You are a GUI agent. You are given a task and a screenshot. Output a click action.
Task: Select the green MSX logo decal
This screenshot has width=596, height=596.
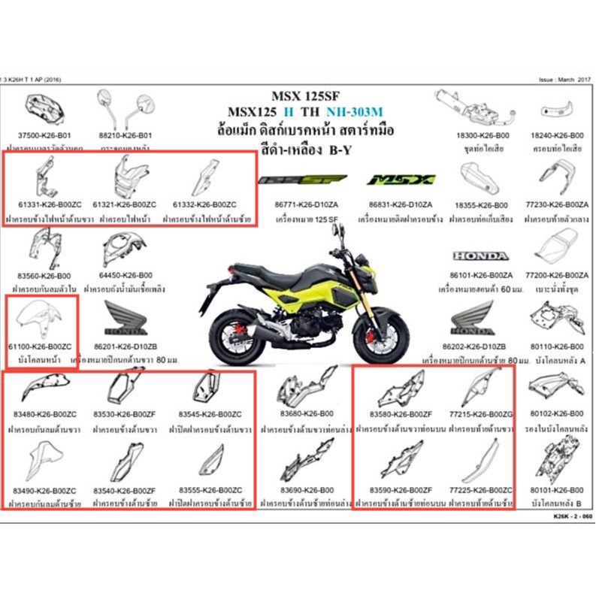tap(401, 180)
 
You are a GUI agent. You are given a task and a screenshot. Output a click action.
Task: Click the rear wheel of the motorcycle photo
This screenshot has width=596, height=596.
tap(241, 337)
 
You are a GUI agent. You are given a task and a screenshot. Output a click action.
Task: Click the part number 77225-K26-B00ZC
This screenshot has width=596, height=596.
tap(481, 490)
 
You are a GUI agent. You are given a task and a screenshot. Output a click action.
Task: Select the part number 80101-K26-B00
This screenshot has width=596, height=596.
tap(557, 490)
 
